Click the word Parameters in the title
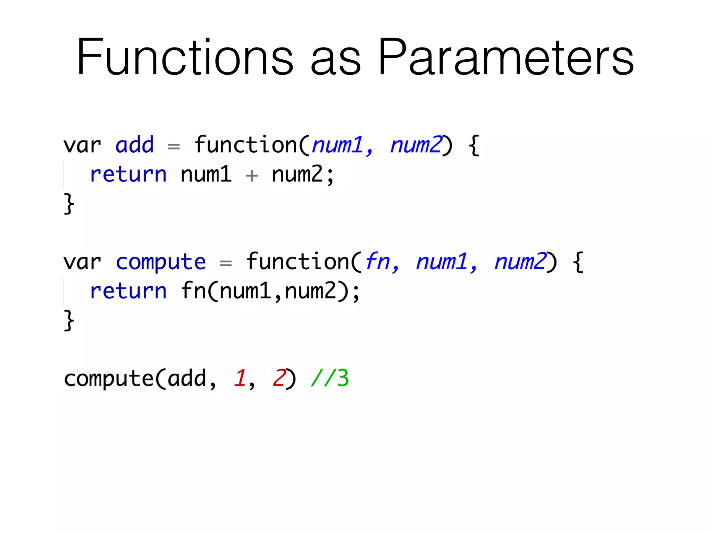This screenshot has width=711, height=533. pos(506,57)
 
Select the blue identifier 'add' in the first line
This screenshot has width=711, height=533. pos(134,145)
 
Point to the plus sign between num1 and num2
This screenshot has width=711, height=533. pos(252,176)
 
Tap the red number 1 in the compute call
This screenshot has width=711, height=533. pos(240,378)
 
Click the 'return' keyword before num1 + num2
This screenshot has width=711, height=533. pos(128,174)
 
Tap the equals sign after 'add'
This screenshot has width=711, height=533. pos(174,146)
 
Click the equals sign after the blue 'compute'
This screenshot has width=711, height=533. pos(226,263)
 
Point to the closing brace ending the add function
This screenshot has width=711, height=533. pos(69,204)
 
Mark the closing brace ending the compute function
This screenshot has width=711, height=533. pos(69,321)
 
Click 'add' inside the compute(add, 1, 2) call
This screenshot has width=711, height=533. pos(187,378)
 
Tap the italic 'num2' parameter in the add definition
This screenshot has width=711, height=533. pos(416,145)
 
